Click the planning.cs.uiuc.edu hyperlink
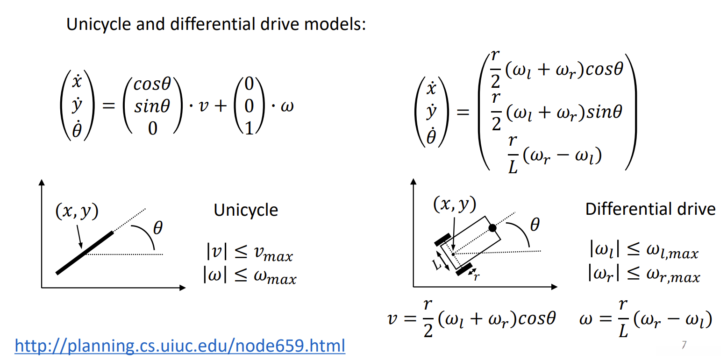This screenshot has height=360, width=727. pyautogui.click(x=180, y=346)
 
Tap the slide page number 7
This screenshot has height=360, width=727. pyautogui.click(x=684, y=345)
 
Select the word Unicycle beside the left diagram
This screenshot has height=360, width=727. pyautogui.click(x=246, y=210)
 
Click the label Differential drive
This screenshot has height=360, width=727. pyautogui.click(x=650, y=209)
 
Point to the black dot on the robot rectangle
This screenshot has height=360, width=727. pyautogui.click(x=492, y=228)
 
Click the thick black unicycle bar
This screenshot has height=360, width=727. pyautogui.click(x=85, y=253)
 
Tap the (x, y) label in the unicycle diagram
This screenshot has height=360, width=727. pyautogui.click(x=77, y=212)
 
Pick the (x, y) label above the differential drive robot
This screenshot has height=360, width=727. pyautogui.click(x=454, y=204)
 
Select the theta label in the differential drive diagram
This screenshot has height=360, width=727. pyautogui.click(x=535, y=226)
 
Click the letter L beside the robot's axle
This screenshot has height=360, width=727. pyautogui.click(x=437, y=265)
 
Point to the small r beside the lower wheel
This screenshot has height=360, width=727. pyautogui.click(x=476, y=276)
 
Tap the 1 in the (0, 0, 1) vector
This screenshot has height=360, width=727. pyautogui.click(x=249, y=127)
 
